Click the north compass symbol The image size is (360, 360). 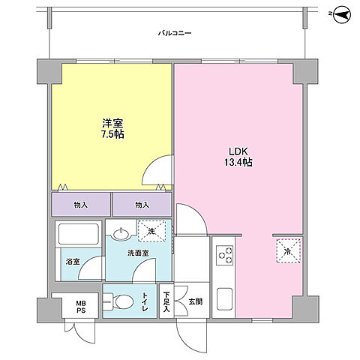coord(342,14)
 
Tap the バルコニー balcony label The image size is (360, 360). coord(175,33)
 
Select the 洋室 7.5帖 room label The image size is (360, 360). coord(112,129)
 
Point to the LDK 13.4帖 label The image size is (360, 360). coord(238,157)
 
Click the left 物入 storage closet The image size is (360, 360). coord(81,204)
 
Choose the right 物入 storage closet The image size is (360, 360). coord(142,204)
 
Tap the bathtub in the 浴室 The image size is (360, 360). coord(79,234)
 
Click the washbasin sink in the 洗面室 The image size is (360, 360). coord(121,234)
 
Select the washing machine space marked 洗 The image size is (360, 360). coord(151,231)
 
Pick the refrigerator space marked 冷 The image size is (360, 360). coord(288,251)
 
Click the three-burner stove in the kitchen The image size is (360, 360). coord(224,255)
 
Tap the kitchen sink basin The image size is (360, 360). coord(224,299)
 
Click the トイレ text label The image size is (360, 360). coord(145,301)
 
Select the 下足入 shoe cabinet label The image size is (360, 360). coord(166,302)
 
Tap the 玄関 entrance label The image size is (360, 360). coord(195,301)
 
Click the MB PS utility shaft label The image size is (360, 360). coord(81,307)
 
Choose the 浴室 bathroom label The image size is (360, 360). coord(73,262)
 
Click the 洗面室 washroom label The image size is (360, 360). coord(138,253)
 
